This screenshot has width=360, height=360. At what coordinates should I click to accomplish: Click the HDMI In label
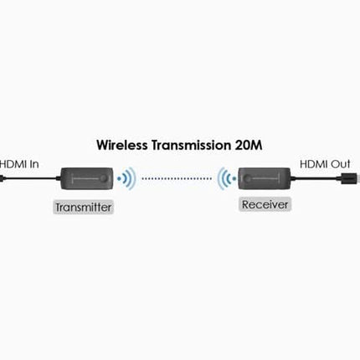[20, 165]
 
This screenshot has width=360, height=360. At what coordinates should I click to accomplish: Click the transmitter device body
[84, 178]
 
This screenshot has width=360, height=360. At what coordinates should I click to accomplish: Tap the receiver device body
[265, 177]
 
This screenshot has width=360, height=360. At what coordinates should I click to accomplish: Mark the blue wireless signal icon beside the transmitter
[126, 178]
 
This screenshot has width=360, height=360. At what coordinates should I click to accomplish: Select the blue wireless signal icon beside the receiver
[224, 177]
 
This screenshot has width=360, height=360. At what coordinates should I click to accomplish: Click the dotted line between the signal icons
[175, 177]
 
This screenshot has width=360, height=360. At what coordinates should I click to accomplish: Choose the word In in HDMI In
[33, 165]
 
